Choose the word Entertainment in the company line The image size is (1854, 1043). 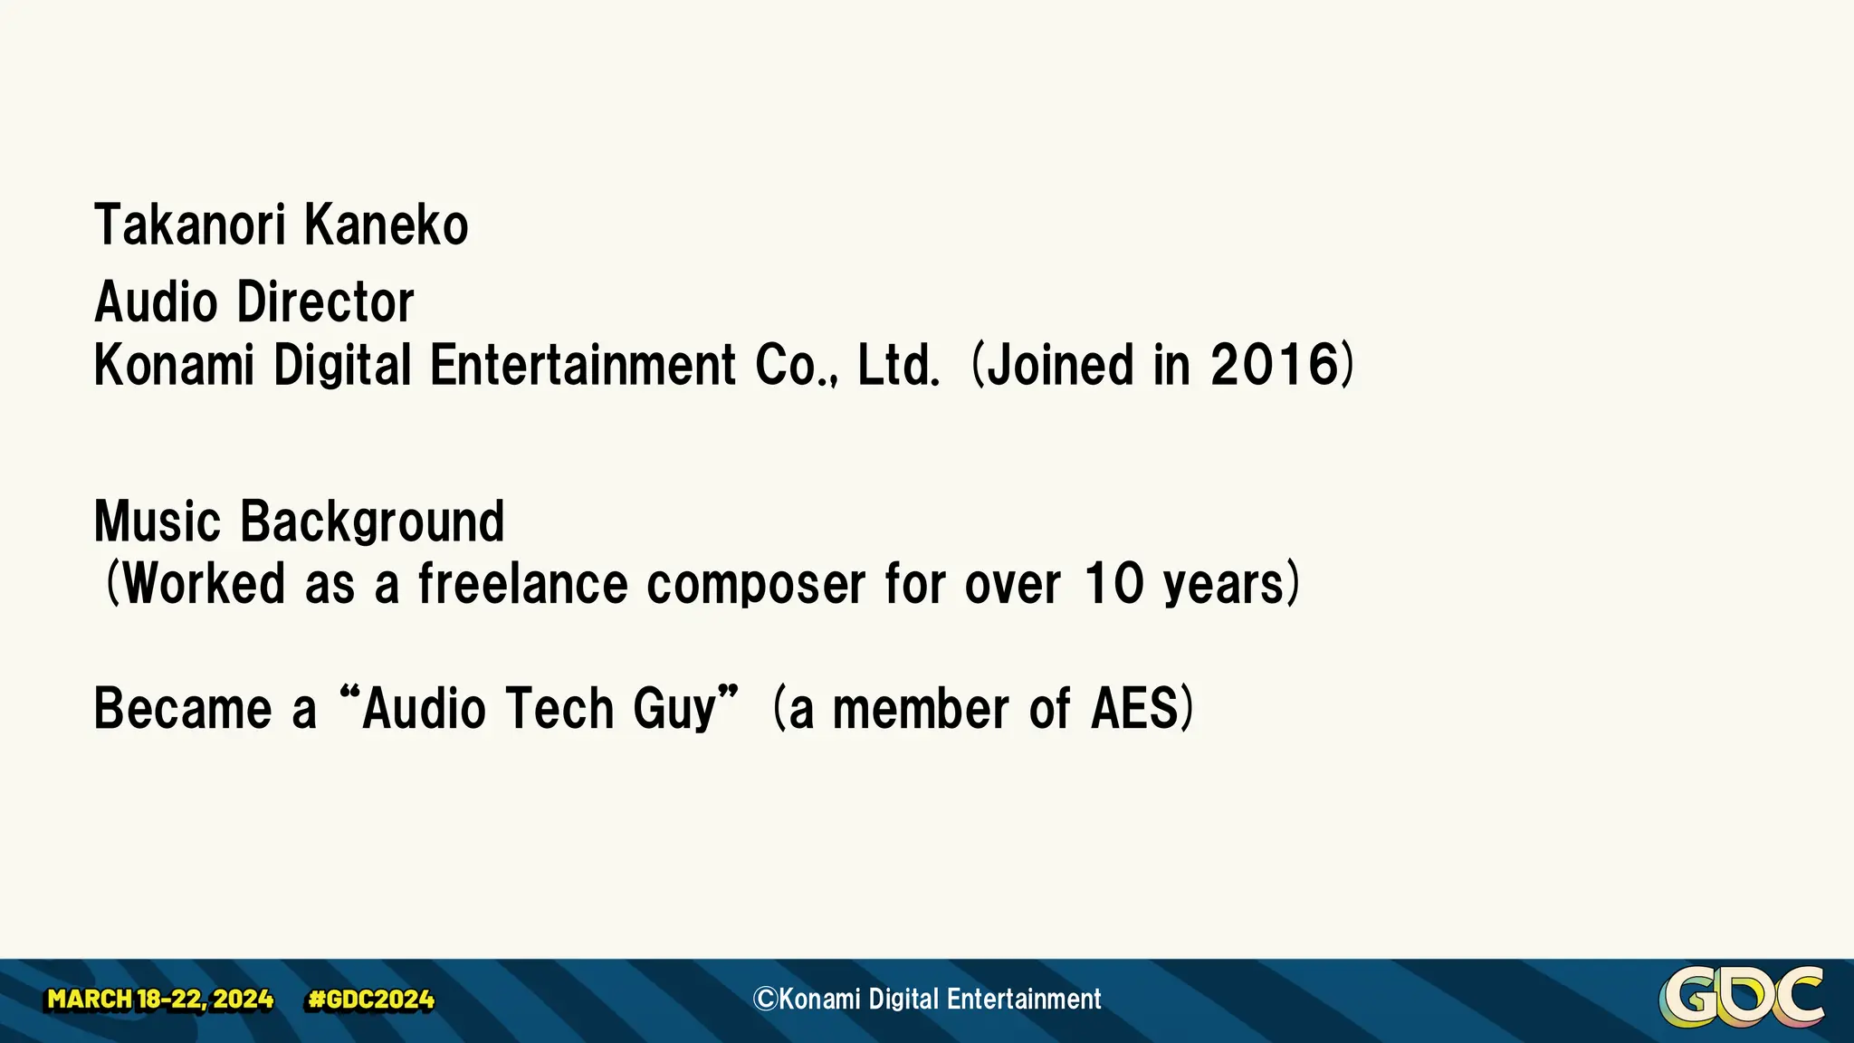pyautogui.click(x=582, y=365)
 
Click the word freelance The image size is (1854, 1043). pyautogui.click(x=522, y=584)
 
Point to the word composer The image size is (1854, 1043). pyautogui.click(x=756, y=584)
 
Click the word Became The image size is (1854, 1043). pyautogui.click(x=183, y=708)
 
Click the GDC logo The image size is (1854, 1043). pyautogui.click(x=1741, y=998)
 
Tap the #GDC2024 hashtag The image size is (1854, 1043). pyautogui.click(x=371, y=1000)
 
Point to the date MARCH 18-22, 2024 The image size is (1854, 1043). pyautogui.click(x=160, y=1000)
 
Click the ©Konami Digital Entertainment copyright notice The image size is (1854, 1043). pyautogui.click(x=927, y=999)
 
